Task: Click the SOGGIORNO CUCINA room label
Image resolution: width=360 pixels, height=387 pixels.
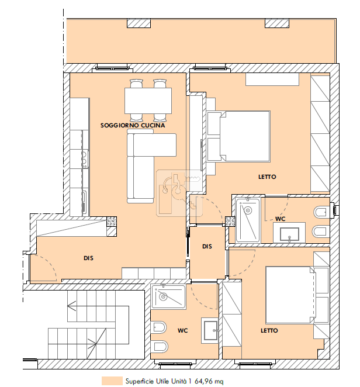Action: pyautogui.click(x=133, y=125)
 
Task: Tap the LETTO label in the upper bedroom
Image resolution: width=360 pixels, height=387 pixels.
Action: pyautogui.click(x=267, y=177)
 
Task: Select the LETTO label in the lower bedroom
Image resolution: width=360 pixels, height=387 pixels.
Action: pyautogui.click(x=269, y=330)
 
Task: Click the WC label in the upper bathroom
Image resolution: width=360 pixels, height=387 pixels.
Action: pyautogui.click(x=280, y=219)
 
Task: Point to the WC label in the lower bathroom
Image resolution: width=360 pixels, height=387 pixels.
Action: pyautogui.click(x=182, y=330)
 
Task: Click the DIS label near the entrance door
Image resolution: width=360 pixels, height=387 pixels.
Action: pyautogui.click(x=88, y=258)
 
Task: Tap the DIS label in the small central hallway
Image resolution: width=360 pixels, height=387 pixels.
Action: pyautogui.click(x=207, y=246)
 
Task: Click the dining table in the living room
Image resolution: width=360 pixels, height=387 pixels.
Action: pyautogui.click(x=148, y=101)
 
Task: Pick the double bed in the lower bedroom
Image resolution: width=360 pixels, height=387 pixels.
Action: pyautogui.click(x=290, y=295)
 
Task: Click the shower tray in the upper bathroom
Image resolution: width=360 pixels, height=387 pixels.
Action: pyautogui.click(x=248, y=220)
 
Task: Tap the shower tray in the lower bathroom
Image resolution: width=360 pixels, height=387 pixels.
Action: pyautogui.click(x=168, y=296)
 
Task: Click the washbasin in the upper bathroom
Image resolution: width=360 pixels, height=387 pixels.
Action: pyautogui.click(x=289, y=233)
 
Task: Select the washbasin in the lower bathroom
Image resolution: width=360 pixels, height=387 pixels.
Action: pyautogui.click(x=210, y=330)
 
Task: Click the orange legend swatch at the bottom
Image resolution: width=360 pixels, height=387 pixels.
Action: pyautogui.click(x=112, y=381)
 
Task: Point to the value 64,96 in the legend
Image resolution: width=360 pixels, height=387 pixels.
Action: pyautogui.click(x=203, y=381)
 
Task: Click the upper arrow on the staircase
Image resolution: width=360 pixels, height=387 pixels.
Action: pyautogui.click(x=71, y=306)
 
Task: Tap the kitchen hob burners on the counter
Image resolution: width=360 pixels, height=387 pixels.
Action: pyautogui.click(x=85, y=158)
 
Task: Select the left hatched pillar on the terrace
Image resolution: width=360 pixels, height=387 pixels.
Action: pyautogui.click(x=139, y=23)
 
